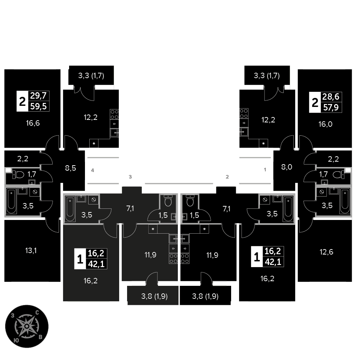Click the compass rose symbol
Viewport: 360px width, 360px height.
(x=27, y=326)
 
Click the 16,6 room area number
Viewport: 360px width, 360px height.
(x=33, y=123)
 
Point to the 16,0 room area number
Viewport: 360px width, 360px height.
(x=325, y=123)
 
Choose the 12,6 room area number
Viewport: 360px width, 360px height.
(x=326, y=252)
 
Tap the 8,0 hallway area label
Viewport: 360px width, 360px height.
(x=287, y=167)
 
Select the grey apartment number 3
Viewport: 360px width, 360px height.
(x=131, y=177)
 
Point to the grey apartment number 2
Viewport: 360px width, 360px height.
(x=227, y=177)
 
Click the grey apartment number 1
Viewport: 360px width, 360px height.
(x=265, y=169)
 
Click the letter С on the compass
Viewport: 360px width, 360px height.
(x=37, y=313)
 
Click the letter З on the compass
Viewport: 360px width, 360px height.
(x=13, y=315)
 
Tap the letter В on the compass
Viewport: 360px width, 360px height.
(x=41, y=337)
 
